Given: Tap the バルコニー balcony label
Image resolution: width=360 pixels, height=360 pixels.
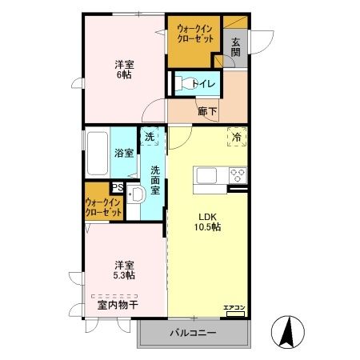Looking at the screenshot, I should coord(192,332).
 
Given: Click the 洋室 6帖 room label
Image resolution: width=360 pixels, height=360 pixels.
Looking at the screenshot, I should coord(122,69).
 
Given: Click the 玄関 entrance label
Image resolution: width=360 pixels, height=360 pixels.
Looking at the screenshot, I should coord(236,47).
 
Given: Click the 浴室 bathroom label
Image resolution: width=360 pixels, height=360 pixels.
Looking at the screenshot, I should coord(123,153).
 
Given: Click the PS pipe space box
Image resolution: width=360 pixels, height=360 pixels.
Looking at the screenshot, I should coord(117,188).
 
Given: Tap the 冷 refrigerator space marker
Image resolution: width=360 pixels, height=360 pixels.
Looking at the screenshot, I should coord(237,138).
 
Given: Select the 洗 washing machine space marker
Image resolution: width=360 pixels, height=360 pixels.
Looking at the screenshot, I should coord(150,138).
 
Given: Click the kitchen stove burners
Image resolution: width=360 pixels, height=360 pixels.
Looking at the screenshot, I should coord(238,174).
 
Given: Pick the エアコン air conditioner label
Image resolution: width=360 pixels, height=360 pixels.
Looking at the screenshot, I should coord(234,308).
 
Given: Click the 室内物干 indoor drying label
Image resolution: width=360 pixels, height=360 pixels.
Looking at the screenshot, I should coord(118,305).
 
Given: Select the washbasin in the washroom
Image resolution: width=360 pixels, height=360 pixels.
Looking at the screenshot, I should coord(134,196).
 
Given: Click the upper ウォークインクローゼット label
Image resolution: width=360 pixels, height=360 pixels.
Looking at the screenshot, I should coord(194,34).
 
